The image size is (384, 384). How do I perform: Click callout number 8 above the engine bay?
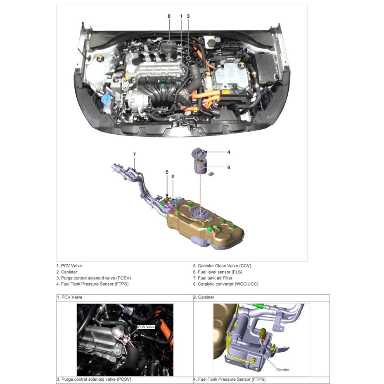169,16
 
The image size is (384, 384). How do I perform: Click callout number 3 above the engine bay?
188,16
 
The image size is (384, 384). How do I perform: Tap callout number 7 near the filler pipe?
134,154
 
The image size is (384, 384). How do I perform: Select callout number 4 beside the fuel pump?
229,152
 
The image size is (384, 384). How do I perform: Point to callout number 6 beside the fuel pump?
229,168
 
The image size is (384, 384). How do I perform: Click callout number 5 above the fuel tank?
167,172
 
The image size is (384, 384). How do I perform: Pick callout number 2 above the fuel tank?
173,177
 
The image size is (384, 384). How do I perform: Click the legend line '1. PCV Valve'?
69,266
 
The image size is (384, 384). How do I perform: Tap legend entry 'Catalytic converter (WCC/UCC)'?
225,284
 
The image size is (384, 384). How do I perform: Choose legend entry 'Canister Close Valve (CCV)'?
222,266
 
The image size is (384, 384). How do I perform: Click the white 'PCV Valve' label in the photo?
146,327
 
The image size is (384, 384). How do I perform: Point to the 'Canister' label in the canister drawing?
282,370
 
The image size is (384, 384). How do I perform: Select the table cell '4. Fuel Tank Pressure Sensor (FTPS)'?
229,379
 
